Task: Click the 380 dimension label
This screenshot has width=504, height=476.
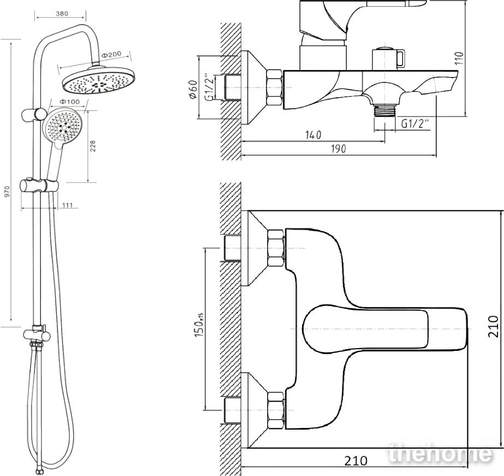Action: (x=62, y=14)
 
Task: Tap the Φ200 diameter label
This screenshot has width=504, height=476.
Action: (x=111, y=54)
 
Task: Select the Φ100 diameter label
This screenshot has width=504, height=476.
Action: (x=69, y=102)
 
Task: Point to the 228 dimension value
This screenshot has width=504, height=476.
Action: (x=93, y=146)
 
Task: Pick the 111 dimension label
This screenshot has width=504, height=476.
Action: (x=68, y=205)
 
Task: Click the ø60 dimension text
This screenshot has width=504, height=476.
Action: (x=193, y=90)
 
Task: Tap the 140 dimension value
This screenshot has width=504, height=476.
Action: (x=313, y=135)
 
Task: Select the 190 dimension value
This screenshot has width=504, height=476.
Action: (x=339, y=149)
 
